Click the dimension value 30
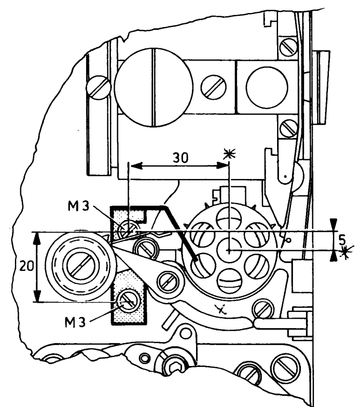pyautogui.click(x=181, y=157)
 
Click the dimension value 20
pyautogui.click(x=27, y=266)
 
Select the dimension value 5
pyautogui.click(x=342, y=240)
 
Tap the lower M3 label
pyautogui.click(x=75, y=322)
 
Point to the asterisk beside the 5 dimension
pyautogui.click(x=345, y=252)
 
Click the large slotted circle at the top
pyautogui.click(x=154, y=87)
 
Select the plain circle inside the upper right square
pyautogui.click(x=267, y=87)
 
